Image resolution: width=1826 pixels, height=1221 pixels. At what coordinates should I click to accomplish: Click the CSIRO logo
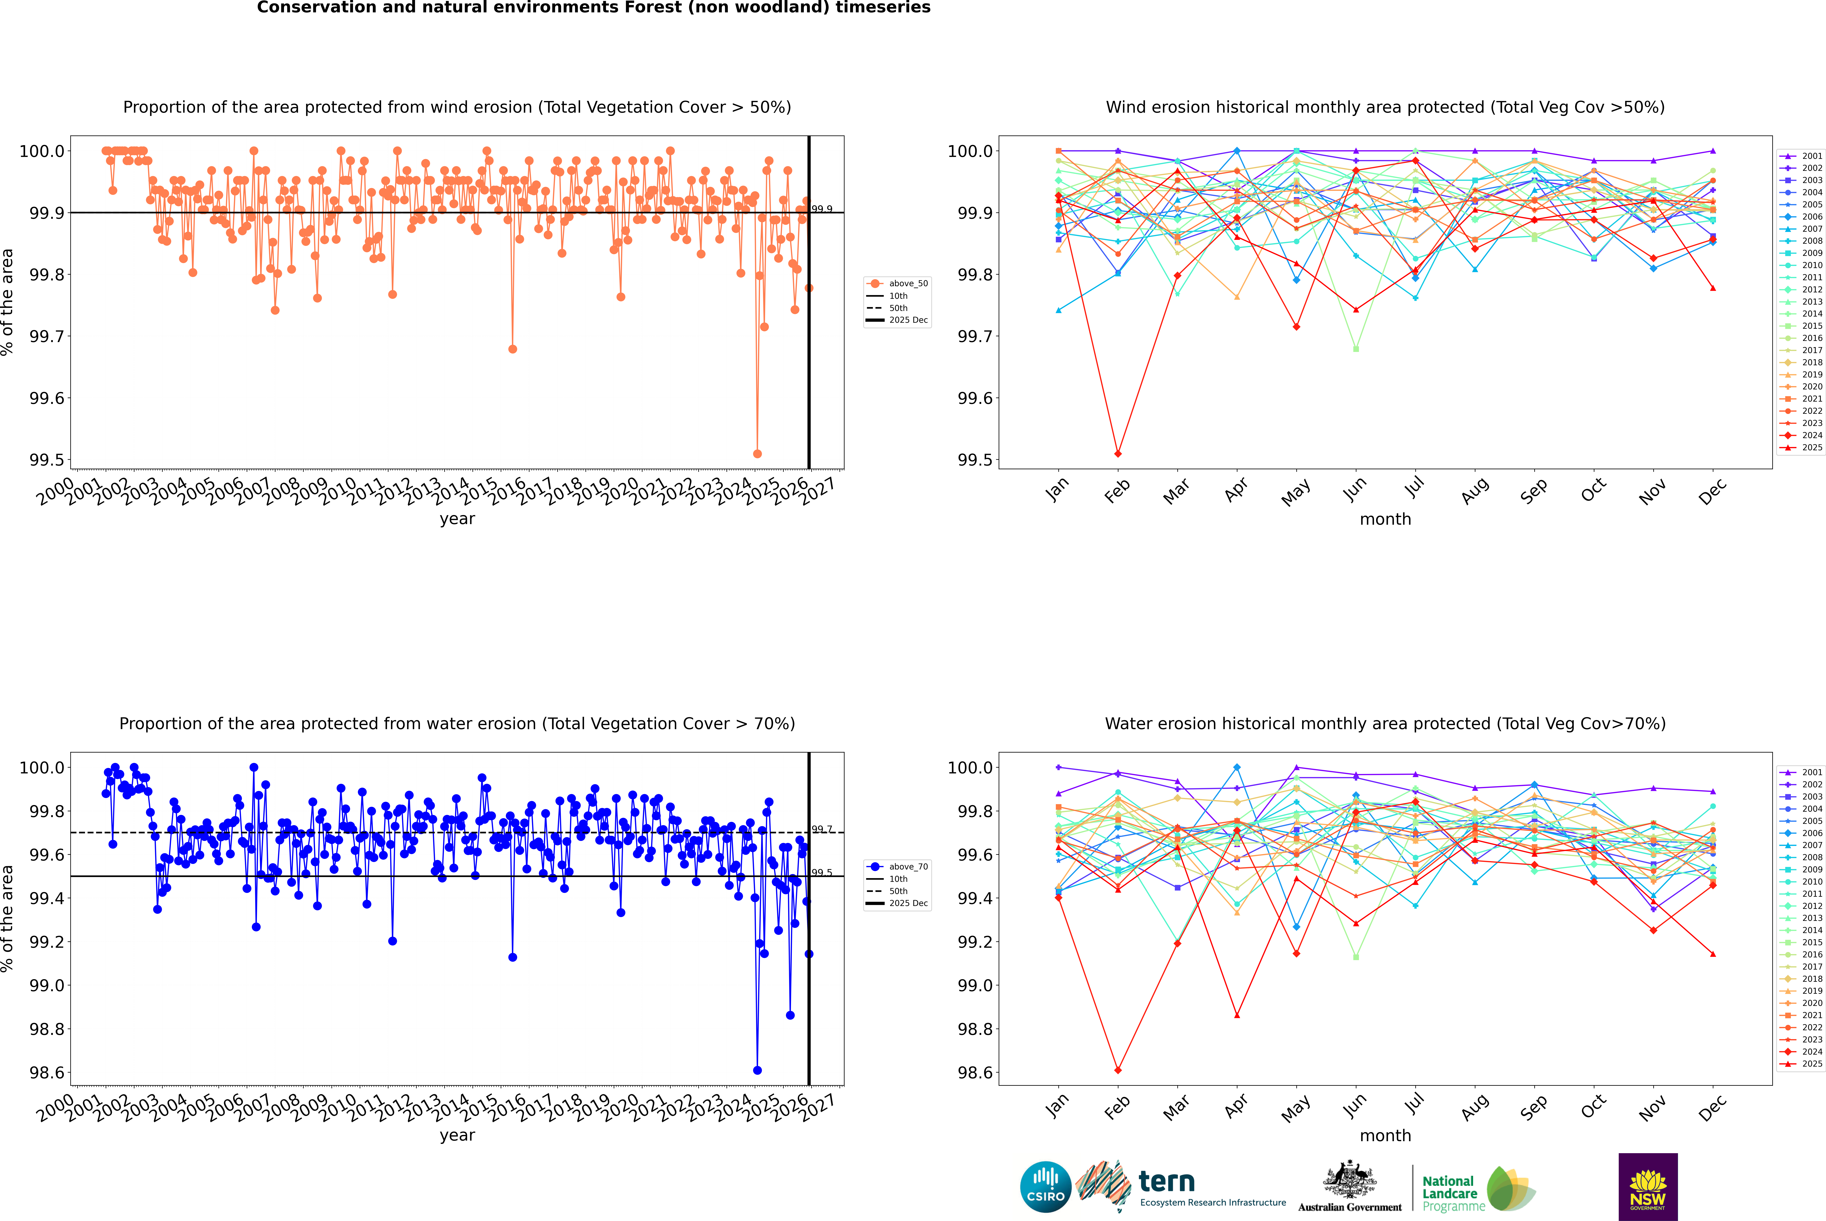click(x=1045, y=1187)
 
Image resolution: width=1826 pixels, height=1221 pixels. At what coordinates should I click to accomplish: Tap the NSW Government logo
click(x=1648, y=1187)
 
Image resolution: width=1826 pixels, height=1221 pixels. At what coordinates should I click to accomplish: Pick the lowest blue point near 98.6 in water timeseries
click(x=757, y=1070)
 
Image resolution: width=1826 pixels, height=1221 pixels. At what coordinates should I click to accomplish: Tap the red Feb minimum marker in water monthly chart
click(x=1118, y=1070)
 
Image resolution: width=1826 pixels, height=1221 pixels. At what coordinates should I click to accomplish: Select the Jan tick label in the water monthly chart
click(x=1057, y=1106)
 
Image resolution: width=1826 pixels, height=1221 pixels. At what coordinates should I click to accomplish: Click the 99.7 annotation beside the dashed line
click(x=822, y=829)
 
